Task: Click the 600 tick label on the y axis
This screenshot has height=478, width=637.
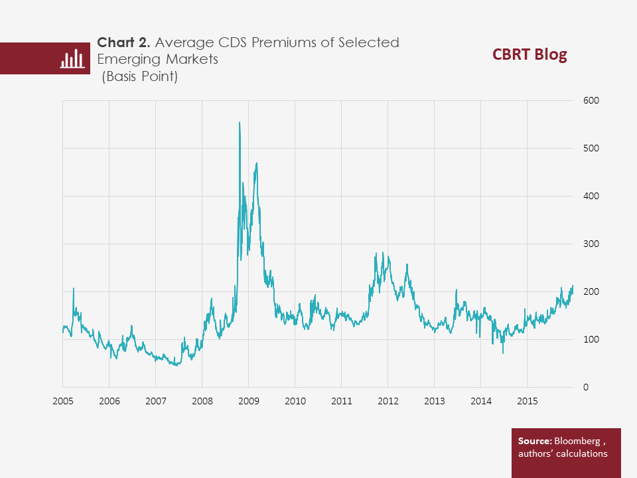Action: (x=591, y=100)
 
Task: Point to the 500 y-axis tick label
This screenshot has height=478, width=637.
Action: (x=591, y=148)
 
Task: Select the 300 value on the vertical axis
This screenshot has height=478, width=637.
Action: (x=591, y=244)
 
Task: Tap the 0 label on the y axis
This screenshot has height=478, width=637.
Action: (x=586, y=387)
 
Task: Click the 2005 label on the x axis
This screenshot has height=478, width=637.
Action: (x=62, y=401)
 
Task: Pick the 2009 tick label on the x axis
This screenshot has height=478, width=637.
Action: (x=248, y=401)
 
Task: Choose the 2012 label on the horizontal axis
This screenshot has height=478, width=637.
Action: (x=388, y=401)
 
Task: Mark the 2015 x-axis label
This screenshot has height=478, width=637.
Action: (x=527, y=401)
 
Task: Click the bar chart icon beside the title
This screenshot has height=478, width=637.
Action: (x=72, y=59)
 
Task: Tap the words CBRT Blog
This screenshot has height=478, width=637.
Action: (x=530, y=54)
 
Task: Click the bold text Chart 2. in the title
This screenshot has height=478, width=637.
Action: (x=124, y=43)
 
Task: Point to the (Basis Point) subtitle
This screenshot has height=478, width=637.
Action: (x=139, y=77)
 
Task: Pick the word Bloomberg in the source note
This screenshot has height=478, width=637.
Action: (x=580, y=441)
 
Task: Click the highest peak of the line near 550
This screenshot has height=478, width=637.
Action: (x=239, y=123)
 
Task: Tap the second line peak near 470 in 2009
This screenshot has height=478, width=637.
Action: (x=256, y=163)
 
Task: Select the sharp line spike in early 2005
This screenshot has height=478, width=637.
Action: (x=74, y=288)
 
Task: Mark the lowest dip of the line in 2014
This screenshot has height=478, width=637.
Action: (x=502, y=353)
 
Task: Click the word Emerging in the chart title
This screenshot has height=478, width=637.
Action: (x=126, y=60)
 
